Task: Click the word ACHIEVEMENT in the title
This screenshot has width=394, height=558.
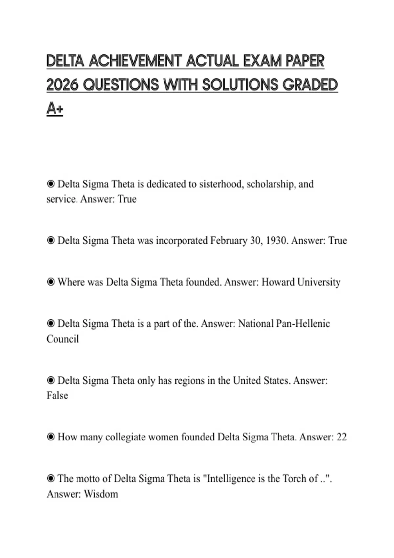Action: click(135, 61)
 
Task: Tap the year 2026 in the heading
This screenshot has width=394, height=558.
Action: click(62, 85)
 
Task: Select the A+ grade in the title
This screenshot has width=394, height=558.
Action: click(55, 108)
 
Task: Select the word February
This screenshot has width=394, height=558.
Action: click(229, 241)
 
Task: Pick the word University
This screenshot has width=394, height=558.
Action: click(319, 282)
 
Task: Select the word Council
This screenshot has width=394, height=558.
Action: click(63, 339)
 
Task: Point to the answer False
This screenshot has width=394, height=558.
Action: click(57, 396)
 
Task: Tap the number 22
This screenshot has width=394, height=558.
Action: click(341, 437)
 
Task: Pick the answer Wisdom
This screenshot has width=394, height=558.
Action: click(101, 494)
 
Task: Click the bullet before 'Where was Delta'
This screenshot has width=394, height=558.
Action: click(51, 282)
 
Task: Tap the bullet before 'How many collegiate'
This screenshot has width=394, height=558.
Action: click(51, 437)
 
